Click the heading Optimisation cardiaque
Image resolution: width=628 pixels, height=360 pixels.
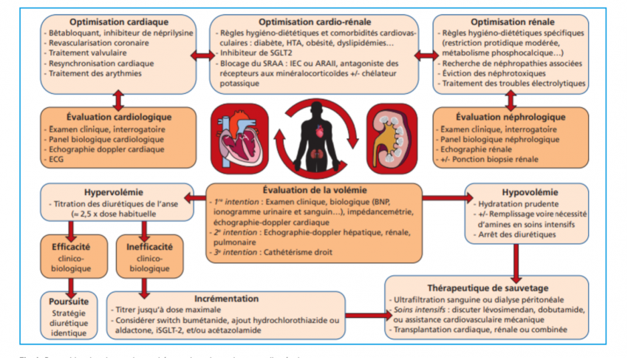118,22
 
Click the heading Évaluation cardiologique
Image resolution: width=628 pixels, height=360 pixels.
118,116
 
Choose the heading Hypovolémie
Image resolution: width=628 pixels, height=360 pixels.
523,190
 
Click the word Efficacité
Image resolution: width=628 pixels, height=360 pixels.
72,241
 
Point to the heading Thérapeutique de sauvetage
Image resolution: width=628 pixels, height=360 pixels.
487,287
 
